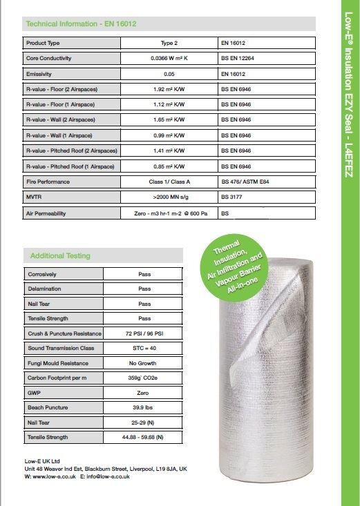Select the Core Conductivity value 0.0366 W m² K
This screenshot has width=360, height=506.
169,58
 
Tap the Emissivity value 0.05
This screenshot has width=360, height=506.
169,73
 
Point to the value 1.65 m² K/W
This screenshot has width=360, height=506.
169,119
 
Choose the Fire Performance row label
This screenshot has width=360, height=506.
49,182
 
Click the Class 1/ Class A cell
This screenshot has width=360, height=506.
169,182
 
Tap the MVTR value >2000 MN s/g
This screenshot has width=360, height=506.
169,197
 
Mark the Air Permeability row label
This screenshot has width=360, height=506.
46,213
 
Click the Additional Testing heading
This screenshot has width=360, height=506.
60,255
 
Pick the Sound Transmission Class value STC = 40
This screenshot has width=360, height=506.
144,349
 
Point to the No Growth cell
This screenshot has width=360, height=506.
144,364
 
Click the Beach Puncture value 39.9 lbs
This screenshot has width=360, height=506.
144,408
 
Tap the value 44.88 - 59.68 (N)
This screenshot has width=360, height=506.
144,438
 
